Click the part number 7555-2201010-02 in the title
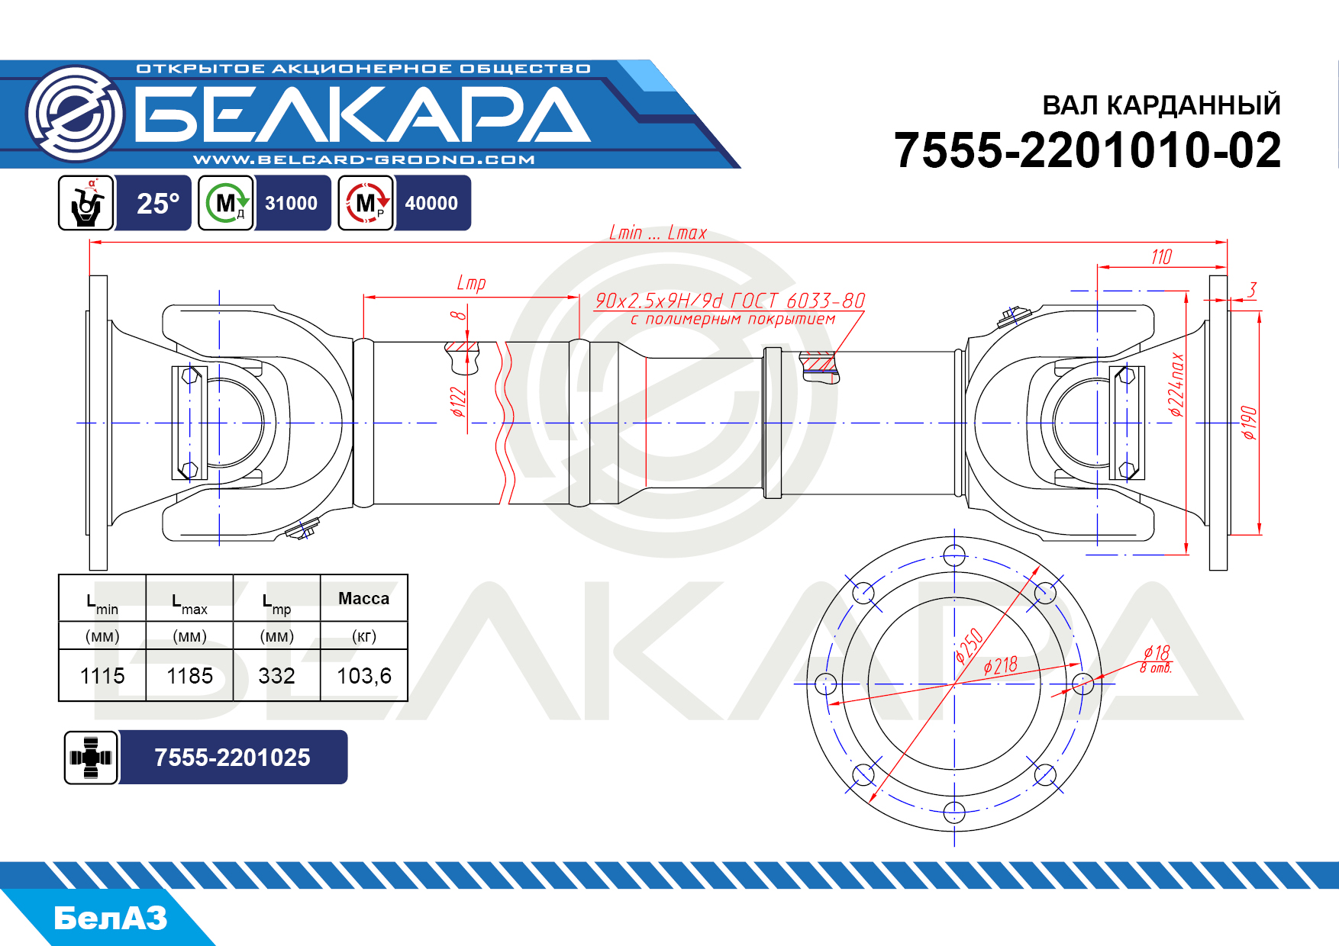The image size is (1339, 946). [1087, 150]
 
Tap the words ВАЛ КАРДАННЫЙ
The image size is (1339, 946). [1161, 105]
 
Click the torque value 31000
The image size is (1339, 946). [291, 204]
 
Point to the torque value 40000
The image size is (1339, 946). [431, 204]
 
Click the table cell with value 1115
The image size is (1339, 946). [102, 676]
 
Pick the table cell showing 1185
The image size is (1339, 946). [189, 676]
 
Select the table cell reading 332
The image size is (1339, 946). [276, 676]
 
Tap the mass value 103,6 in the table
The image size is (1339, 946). [364, 676]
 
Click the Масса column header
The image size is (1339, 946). [363, 599]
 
